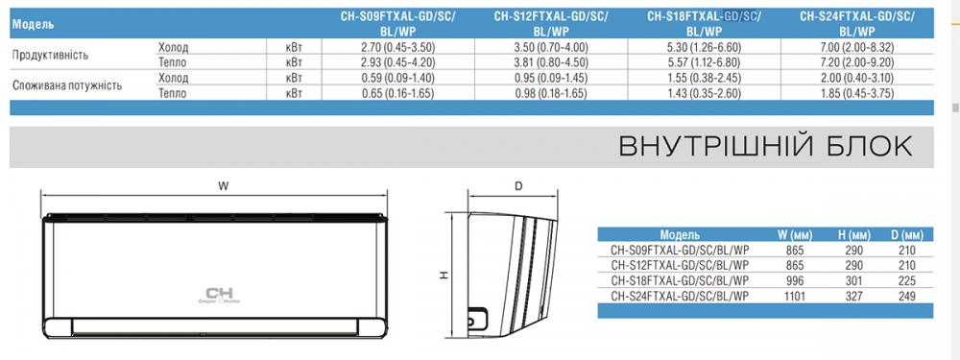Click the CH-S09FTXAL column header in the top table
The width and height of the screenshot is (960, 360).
pyautogui.click(x=398, y=24)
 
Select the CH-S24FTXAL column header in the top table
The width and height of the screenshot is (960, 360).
pyautogui.click(x=857, y=24)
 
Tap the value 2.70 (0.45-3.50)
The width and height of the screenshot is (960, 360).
pyautogui.click(x=398, y=47)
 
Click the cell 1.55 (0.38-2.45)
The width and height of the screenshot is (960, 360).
pyautogui.click(x=704, y=78)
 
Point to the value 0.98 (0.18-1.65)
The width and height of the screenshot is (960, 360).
pyautogui.click(x=551, y=94)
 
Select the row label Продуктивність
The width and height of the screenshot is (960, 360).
pyautogui.click(x=50, y=55)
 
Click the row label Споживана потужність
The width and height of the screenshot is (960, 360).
pyautogui.click(x=67, y=85)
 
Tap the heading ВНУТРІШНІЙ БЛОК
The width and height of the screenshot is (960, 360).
pyautogui.click(x=765, y=146)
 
